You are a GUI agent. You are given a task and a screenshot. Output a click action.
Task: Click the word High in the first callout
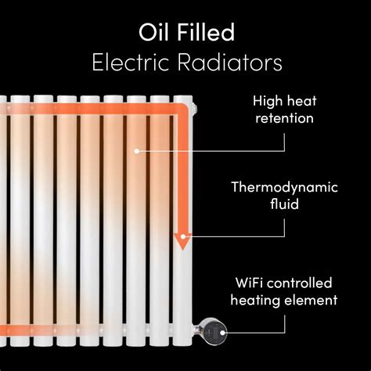(x=267, y=101)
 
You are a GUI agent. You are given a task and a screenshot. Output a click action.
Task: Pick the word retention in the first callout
(x=283, y=118)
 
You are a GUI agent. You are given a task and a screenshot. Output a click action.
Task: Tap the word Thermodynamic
(x=284, y=188)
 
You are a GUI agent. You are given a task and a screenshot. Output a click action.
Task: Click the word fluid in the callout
(x=284, y=205)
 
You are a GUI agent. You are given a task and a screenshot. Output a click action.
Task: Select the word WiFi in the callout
(x=250, y=282)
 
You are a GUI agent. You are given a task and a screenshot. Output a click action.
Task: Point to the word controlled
(x=303, y=282)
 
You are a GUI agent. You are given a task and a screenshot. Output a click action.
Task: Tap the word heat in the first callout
(x=300, y=101)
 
